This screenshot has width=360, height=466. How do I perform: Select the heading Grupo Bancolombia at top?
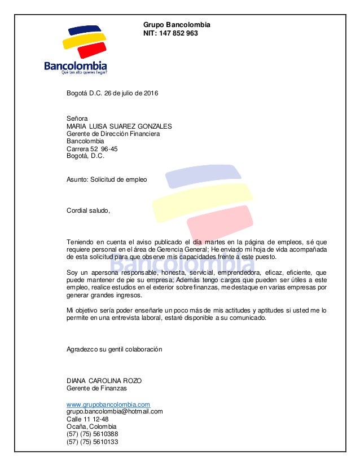click(x=177, y=25)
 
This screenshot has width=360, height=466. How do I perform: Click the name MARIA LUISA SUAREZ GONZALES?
click(x=119, y=126)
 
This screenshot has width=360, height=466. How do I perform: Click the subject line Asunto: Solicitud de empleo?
click(x=107, y=179)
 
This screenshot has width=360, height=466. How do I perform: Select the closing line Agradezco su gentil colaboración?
click(x=115, y=349)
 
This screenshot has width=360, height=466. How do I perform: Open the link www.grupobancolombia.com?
click(x=108, y=405)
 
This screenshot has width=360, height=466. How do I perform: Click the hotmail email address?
click(x=115, y=411)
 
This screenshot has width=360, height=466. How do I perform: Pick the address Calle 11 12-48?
click(x=87, y=419)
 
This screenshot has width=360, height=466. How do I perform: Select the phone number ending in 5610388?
click(x=93, y=434)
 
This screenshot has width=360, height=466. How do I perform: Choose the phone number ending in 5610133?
click(x=93, y=442)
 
